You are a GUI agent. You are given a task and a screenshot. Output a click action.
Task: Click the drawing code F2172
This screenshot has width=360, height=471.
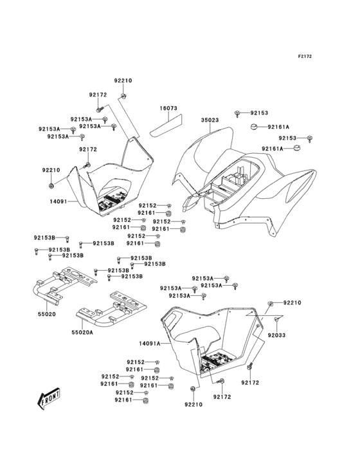click(304, 57)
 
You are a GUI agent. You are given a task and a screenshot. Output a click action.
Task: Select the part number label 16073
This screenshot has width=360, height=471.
click(169, 110)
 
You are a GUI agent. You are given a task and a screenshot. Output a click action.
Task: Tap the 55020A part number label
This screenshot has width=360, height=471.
click(82, 333)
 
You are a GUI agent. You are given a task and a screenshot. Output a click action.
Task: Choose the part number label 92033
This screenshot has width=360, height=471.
click(277, 335)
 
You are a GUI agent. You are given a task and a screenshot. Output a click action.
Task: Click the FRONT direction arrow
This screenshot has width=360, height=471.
click(50, 400)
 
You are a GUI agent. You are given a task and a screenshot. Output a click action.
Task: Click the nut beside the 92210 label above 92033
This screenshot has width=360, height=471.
click(272, 302)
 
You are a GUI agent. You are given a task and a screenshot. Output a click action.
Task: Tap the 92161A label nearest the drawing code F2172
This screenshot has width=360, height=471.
click(279, 127)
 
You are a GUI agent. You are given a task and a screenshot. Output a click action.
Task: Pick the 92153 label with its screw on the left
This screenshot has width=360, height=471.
click(259, 112)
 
